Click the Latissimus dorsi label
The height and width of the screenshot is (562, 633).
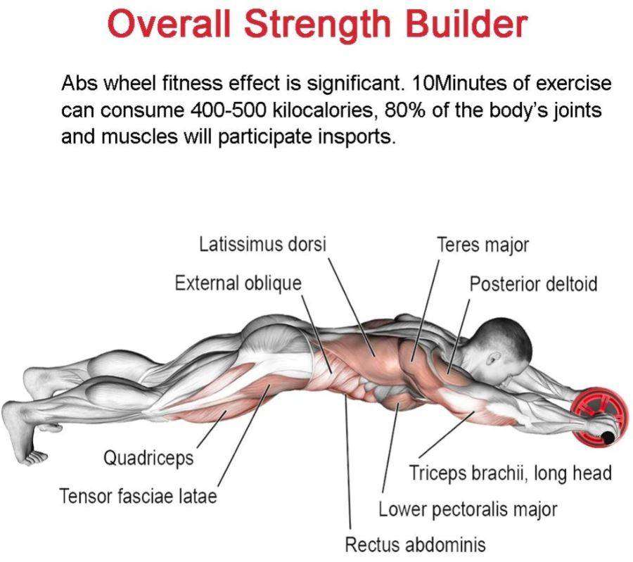263,245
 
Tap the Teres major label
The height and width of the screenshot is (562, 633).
482,245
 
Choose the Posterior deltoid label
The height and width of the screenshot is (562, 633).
533,284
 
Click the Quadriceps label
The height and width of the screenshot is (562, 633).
148,458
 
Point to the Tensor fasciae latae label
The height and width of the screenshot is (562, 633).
138,496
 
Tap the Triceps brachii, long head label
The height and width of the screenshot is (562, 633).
510,473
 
